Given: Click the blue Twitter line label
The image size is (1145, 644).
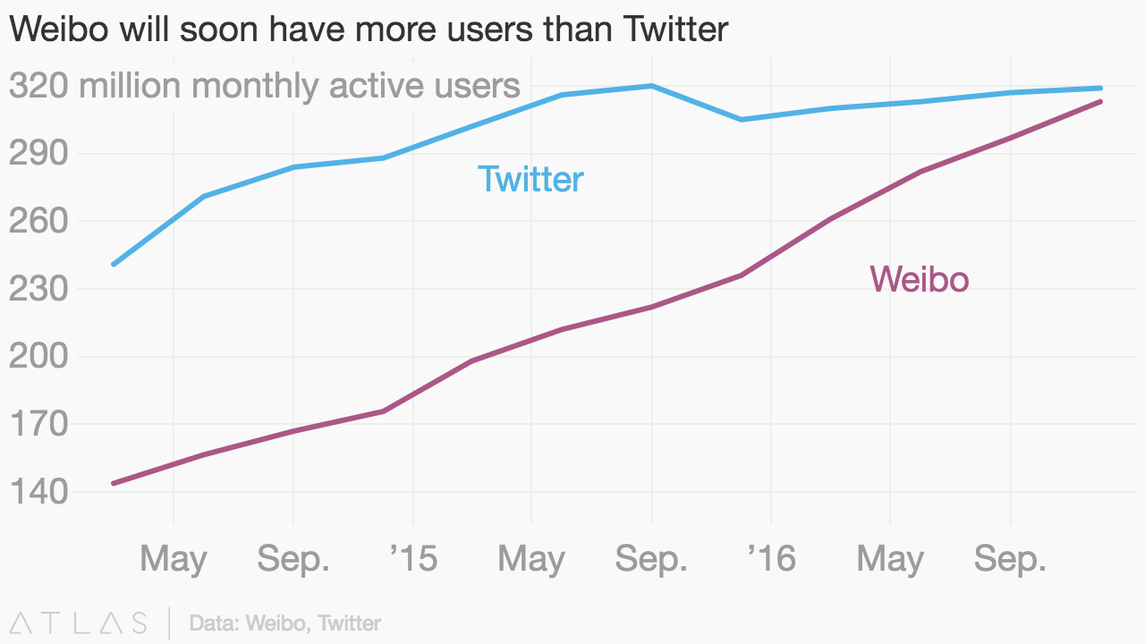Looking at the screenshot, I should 530,179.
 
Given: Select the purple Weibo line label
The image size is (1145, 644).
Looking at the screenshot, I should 919,279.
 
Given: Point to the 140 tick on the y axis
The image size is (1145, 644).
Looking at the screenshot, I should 38,492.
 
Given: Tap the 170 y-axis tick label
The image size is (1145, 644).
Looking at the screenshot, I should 38,424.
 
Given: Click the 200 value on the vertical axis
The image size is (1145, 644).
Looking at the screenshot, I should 38,356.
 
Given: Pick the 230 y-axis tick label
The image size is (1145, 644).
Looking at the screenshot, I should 38,289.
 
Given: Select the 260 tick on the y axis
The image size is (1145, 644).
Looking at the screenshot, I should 38,221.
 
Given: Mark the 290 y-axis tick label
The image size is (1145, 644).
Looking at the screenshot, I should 38,153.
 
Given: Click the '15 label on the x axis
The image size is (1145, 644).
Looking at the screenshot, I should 413,559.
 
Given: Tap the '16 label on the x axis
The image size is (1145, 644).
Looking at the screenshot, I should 771,559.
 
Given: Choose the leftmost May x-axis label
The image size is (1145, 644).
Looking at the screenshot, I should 174,559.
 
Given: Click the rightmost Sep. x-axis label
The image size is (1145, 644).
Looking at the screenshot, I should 1010,559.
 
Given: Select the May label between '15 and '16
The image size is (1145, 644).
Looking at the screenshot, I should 531,559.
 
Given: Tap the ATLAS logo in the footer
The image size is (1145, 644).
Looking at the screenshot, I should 79,623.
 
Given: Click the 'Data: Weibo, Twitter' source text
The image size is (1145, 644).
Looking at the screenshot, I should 285,623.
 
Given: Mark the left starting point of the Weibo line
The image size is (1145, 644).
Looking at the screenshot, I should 113,483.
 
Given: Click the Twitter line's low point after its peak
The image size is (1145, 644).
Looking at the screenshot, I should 742,119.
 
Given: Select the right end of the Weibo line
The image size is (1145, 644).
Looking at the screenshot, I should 1100,101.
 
